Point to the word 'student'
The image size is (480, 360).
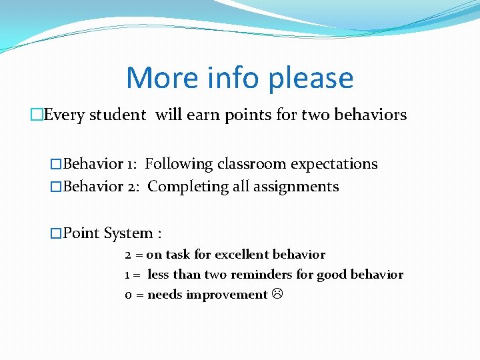[117, 115]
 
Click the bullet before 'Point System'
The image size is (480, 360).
[56, 233]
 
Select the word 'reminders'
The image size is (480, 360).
[261, 275]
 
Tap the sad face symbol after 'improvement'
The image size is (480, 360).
[277, 295]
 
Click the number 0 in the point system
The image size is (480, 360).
[128, 295]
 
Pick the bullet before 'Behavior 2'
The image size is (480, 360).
[56, 187]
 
